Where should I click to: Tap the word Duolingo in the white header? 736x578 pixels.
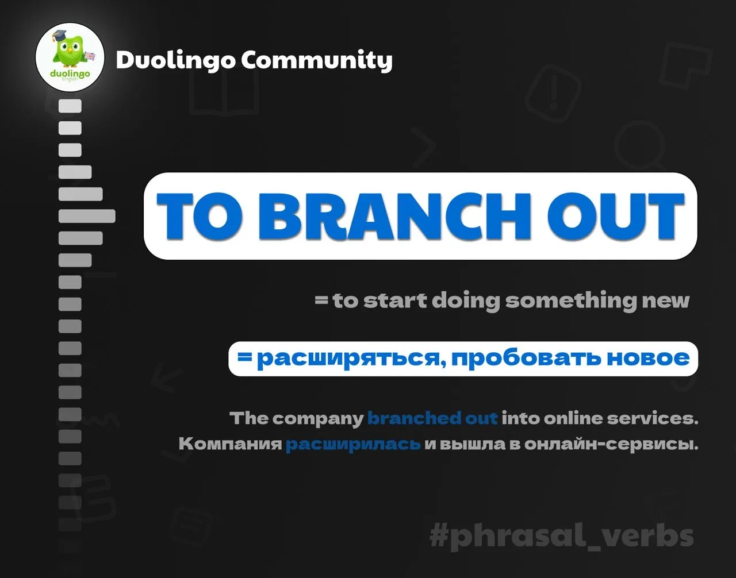(x=175, y=60)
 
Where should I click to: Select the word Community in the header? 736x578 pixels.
(x=317, y=60)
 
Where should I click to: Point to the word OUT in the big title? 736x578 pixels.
(x=615, y=216)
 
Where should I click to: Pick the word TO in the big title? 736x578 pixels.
(x=200, y=216)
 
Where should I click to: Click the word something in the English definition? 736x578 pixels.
(x=571, y=300)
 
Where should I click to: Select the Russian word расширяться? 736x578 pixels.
(x=351, y=359)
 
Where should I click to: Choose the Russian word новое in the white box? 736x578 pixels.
(x=648, y=359)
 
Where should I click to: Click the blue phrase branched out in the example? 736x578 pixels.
(x=432, y=418)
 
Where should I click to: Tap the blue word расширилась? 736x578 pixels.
(x=353, y=444)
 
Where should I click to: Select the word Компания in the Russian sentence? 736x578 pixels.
(x=231, y=444)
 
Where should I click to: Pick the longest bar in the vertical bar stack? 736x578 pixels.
(x=87, y=216)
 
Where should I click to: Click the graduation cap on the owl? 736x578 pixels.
(x=59, y=35)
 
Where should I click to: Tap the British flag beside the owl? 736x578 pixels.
(x=90, y=56)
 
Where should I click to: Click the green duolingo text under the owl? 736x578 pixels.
(x=70, y=74)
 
